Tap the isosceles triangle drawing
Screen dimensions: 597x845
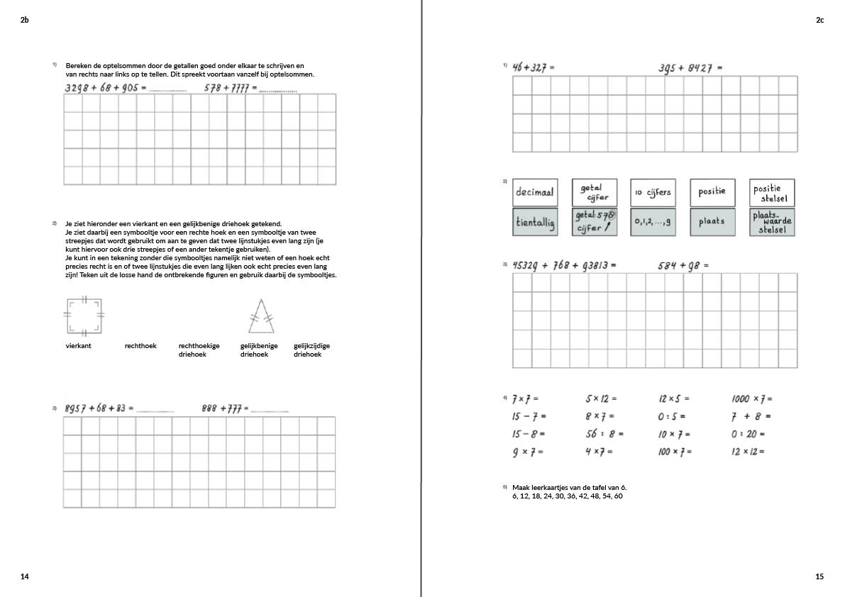(x=261, y=316)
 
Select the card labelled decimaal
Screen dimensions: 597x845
(x=535, y=193)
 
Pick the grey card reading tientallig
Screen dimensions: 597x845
(x=535, y=222)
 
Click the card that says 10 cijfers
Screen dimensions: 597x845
(x=653, y=193)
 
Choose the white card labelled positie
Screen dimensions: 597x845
(x=712, y=193)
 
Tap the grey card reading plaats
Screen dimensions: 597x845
(x=712, y=222)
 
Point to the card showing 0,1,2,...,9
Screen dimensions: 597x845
(x=653, y=222)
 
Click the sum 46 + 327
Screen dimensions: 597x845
(x=534, y=68)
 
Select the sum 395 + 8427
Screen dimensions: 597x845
(x=689, y=68)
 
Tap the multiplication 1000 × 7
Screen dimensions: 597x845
(x=752, y=399)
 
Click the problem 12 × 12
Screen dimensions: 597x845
(x=748, y=452)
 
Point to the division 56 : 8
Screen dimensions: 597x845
(x=604, y=434)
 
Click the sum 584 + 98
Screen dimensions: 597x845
(x=683, y=266)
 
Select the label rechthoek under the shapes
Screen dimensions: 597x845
(x=140, y=346)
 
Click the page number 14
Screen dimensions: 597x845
(x=25, y=577)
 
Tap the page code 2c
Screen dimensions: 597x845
(x=819, y=21)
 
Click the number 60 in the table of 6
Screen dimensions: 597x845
(x=619, y=496)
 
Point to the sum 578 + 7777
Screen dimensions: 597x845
(x=230, y=89)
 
